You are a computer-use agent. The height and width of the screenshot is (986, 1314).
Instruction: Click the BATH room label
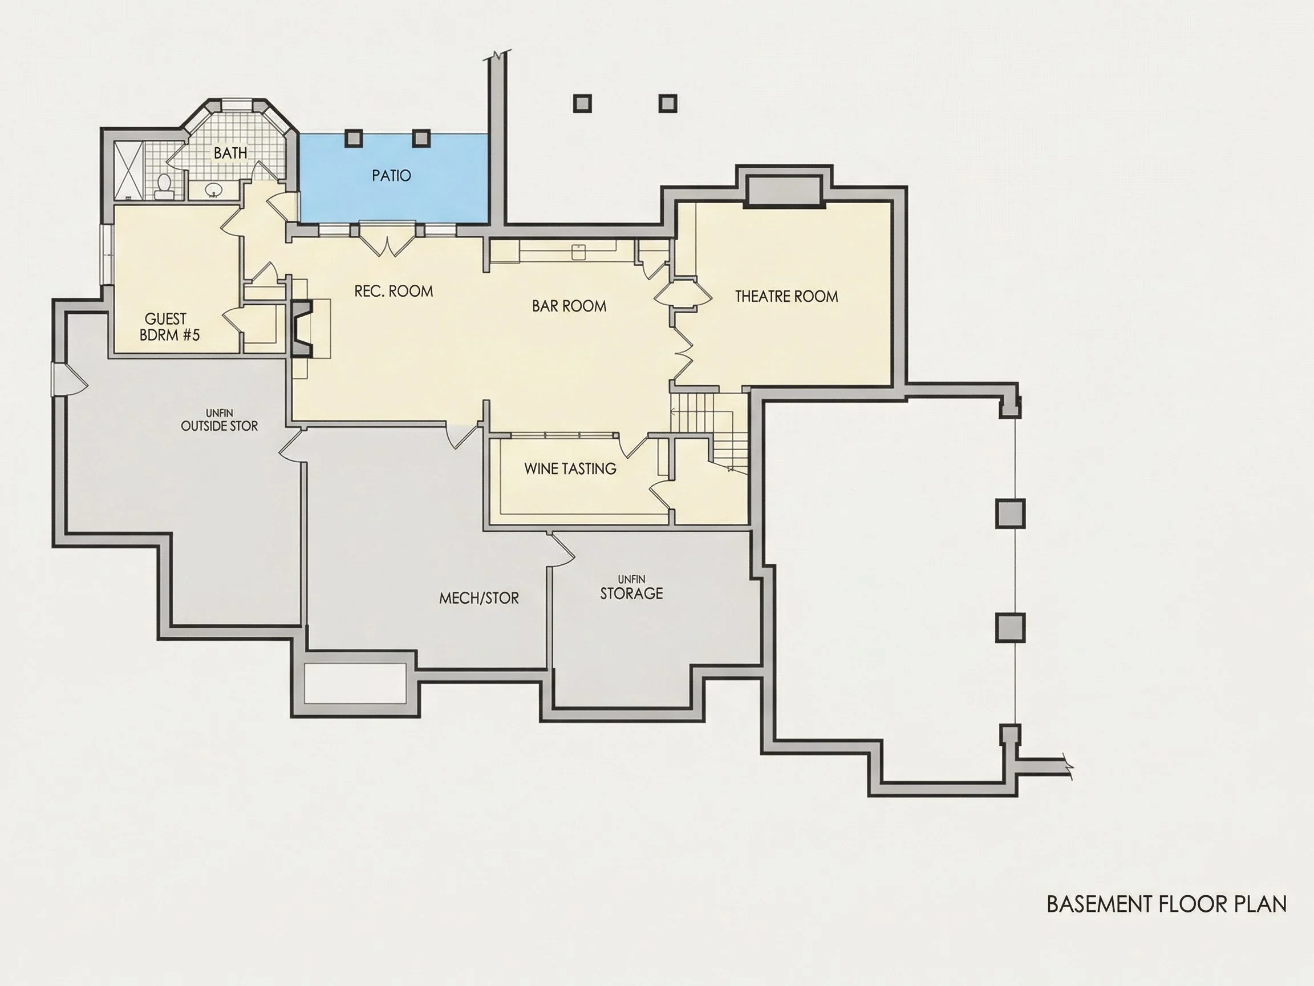(x=230, y=153)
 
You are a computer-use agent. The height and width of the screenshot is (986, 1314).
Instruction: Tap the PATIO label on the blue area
(x=391, y=175)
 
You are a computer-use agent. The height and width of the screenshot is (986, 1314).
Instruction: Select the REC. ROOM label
(x=394, y=290)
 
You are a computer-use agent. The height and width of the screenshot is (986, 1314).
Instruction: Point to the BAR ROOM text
(x=569, y=306)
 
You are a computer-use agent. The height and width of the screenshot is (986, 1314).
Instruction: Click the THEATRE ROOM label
(x=786, y=296)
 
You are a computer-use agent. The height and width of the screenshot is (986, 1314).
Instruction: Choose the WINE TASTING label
(x=570, y=468)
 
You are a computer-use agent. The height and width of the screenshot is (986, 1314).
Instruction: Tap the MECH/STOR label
(x=479, y=598)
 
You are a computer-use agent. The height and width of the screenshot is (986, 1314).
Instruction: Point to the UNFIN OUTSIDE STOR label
(x=219, y=420)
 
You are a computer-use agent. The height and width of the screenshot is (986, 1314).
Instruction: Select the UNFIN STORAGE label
(x=631, y=588)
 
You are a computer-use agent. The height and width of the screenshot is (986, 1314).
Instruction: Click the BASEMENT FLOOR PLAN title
(x=1167, y=904)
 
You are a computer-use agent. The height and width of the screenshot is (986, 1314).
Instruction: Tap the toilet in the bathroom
(x=163, y=185)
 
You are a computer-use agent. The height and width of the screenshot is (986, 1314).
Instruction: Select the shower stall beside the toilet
(x=128, y=171)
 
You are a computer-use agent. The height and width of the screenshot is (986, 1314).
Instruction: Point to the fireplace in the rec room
(x=302, y=329)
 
